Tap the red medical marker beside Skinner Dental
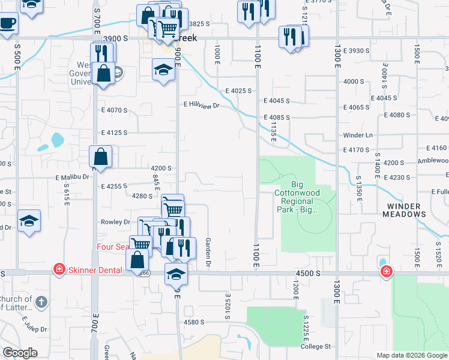coord(59,268)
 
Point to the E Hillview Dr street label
coord(203,105)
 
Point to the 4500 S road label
coord(307,273)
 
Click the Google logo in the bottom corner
coord(20,353)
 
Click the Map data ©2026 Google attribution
coord(412,355)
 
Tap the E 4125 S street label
coord(114,132)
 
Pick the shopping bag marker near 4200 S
coord(101,157)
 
